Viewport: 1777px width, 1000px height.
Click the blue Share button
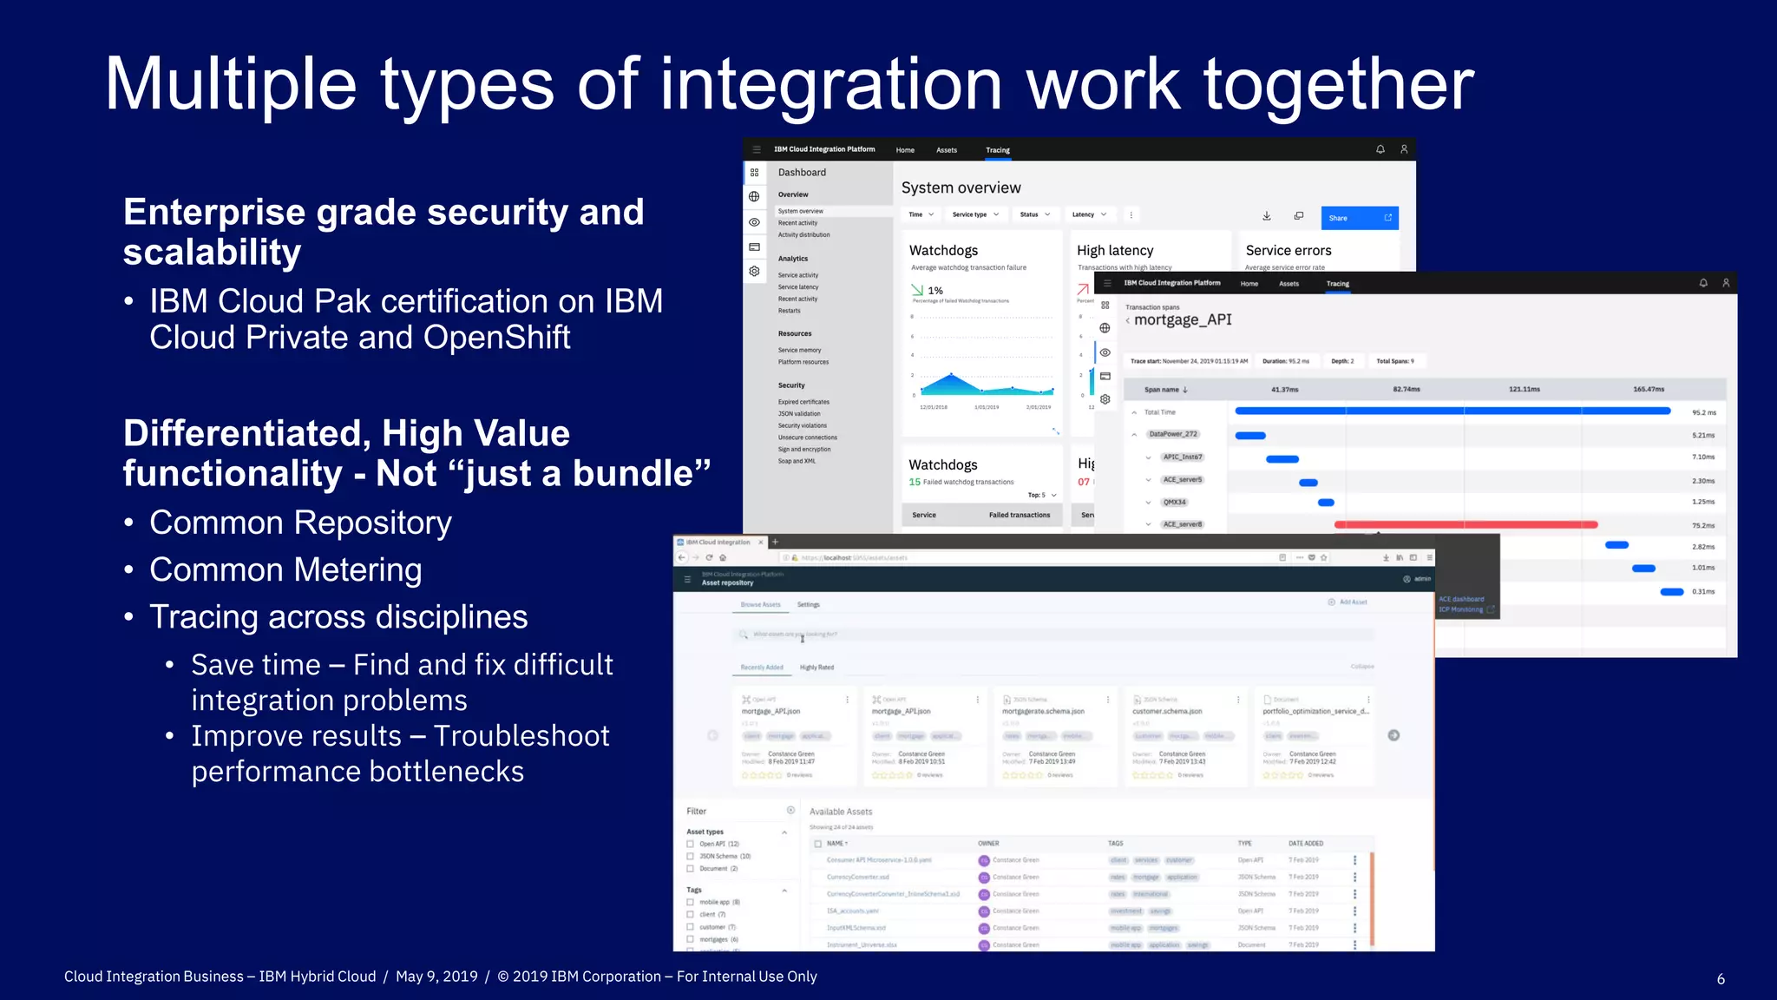click(1359, 218)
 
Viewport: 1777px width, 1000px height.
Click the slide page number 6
click(1721, 979)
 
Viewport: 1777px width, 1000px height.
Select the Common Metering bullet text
click(285, 570)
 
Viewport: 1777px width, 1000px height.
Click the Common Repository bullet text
click(300, 523)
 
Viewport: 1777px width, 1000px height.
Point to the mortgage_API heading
click(1183, 319)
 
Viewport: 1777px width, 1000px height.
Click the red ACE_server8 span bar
click(1466, 524)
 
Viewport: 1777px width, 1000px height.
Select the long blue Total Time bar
click(1452, 411)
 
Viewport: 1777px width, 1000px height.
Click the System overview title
click(961, 187)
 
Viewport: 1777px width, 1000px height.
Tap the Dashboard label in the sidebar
click(802, 173)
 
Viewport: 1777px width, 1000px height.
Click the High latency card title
click(1115, 250)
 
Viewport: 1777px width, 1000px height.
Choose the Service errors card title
click(1288, 250)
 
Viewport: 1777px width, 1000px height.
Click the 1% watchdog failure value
click(935, 291)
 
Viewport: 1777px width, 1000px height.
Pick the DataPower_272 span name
click(1173, 434)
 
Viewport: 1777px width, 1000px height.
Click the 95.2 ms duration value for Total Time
click(1703, 412)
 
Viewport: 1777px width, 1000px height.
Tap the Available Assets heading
click(841, 812)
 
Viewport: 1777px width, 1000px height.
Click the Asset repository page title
click(727, 583)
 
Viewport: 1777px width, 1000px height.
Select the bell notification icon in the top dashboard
click(1380, 149)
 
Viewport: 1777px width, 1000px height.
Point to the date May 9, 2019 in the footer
click(436, 977)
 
